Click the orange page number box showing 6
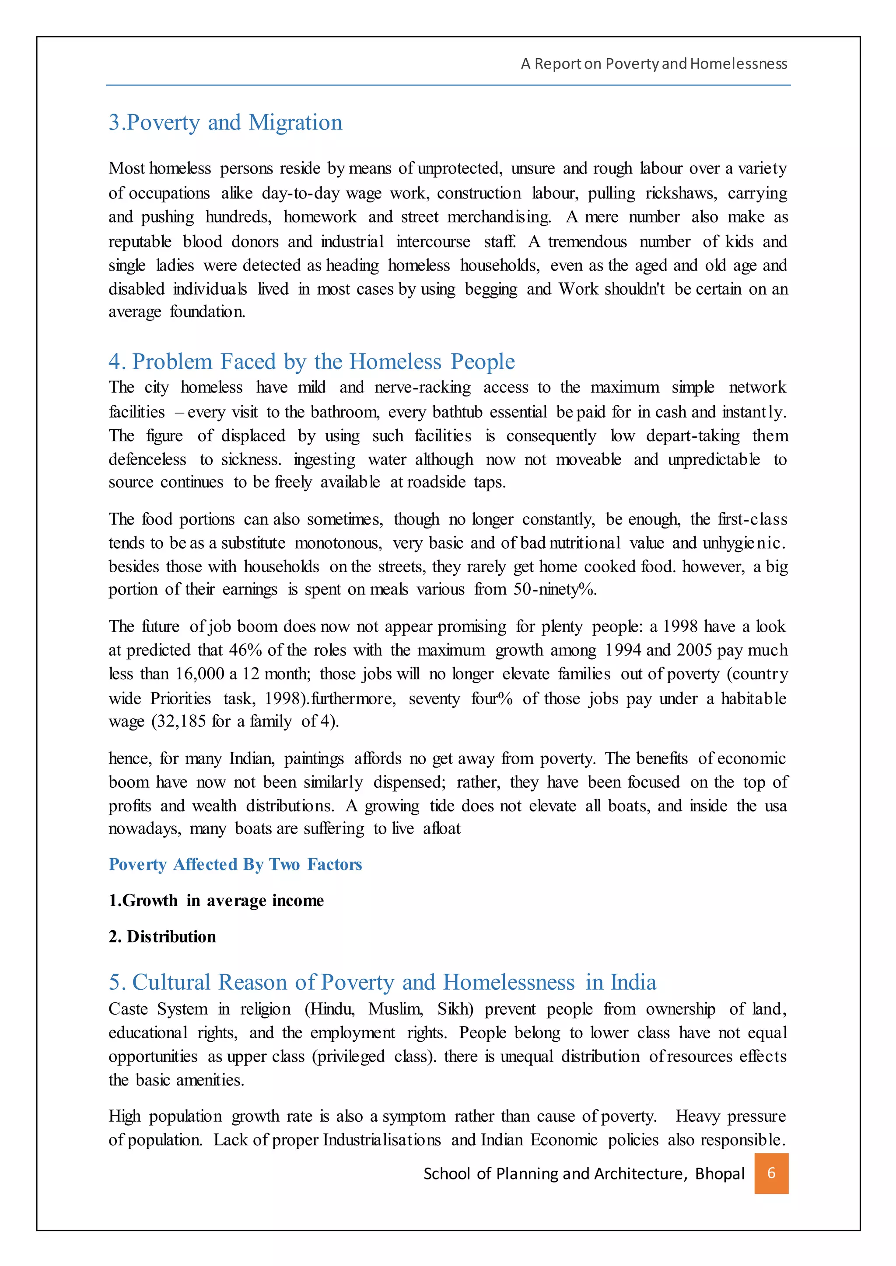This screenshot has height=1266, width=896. coord(771,1173)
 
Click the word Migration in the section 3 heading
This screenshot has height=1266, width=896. coord(295,122)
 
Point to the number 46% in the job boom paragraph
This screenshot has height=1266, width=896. coord(245,650)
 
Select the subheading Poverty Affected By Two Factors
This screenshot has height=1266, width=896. coord(235,864)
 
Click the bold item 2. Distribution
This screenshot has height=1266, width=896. coord(162,936)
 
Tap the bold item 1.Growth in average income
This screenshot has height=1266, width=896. coord(216,901)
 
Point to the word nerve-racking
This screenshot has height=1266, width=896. coord(423,388)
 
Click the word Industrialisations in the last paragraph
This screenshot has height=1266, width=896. coord(382,1140)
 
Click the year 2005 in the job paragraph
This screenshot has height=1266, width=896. coord(695,650)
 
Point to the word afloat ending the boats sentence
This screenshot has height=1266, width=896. coord(441,829)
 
